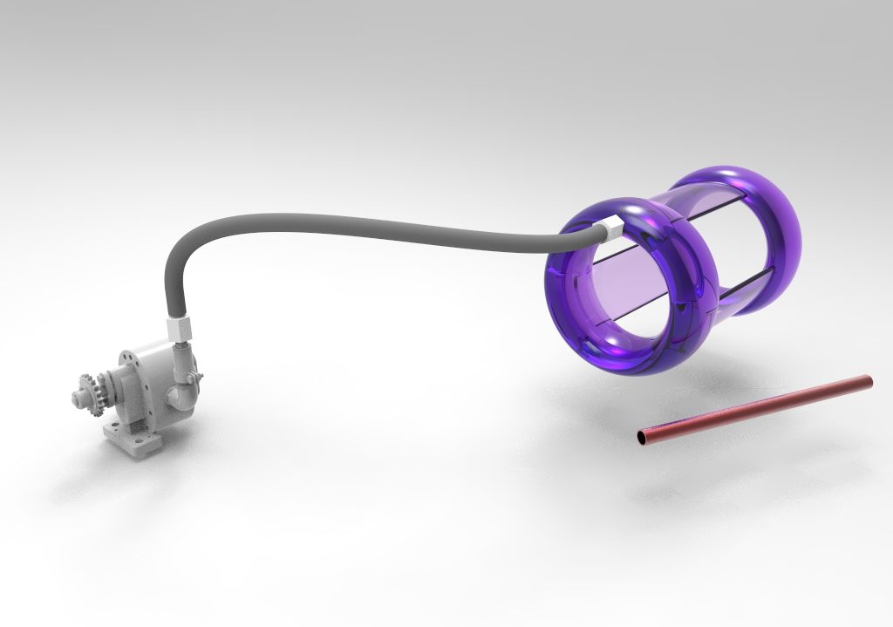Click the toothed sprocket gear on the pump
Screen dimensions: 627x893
pos(90,389)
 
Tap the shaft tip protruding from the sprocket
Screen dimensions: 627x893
pos(76,398)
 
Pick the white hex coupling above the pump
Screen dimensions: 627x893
pos(180,330)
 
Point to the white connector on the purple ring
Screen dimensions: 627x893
pos(611,228)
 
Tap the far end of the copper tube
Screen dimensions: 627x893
pos(866,380)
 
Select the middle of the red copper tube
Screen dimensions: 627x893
pos(755,407)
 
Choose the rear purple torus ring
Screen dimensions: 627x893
pos(781,218)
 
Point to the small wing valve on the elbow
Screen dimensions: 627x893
pos(198,380)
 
